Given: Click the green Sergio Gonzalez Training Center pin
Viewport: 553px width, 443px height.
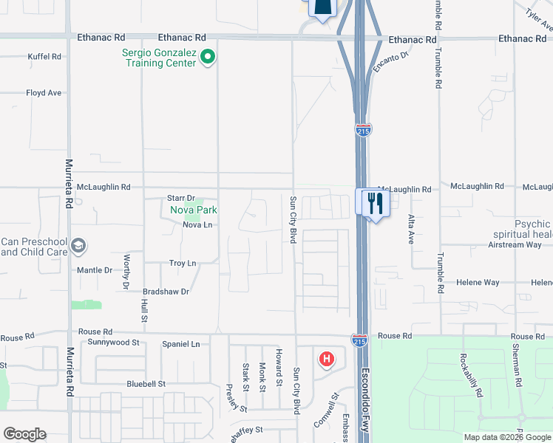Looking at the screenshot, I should [208, 56].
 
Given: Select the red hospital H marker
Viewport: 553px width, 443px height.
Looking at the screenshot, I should [325, 360].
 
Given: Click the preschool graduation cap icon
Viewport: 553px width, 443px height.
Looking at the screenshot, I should [79, 245].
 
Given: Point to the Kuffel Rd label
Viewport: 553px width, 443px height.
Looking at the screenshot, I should [44, 56].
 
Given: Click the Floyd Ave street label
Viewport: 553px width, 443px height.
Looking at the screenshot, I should [44, 93].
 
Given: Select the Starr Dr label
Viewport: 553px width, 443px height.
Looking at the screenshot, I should [180, 198].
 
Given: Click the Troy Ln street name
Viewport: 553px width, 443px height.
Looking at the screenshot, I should [183, 263].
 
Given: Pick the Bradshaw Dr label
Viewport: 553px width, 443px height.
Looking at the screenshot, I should [166, 292].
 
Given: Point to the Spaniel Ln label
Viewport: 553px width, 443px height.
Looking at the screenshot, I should [180, 344].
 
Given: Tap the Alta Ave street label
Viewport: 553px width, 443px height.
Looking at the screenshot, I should [411, 229].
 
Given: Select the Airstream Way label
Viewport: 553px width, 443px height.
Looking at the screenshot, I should [515, 244].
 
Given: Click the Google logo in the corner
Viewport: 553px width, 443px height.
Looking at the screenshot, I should [24, 434].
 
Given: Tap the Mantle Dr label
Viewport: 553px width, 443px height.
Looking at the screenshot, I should [95, 270].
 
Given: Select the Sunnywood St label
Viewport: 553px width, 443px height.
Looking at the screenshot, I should [113, 343].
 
